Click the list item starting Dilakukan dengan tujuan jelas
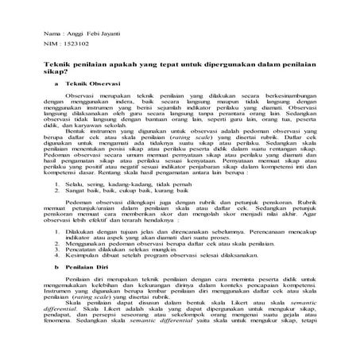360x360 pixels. [159, 236]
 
